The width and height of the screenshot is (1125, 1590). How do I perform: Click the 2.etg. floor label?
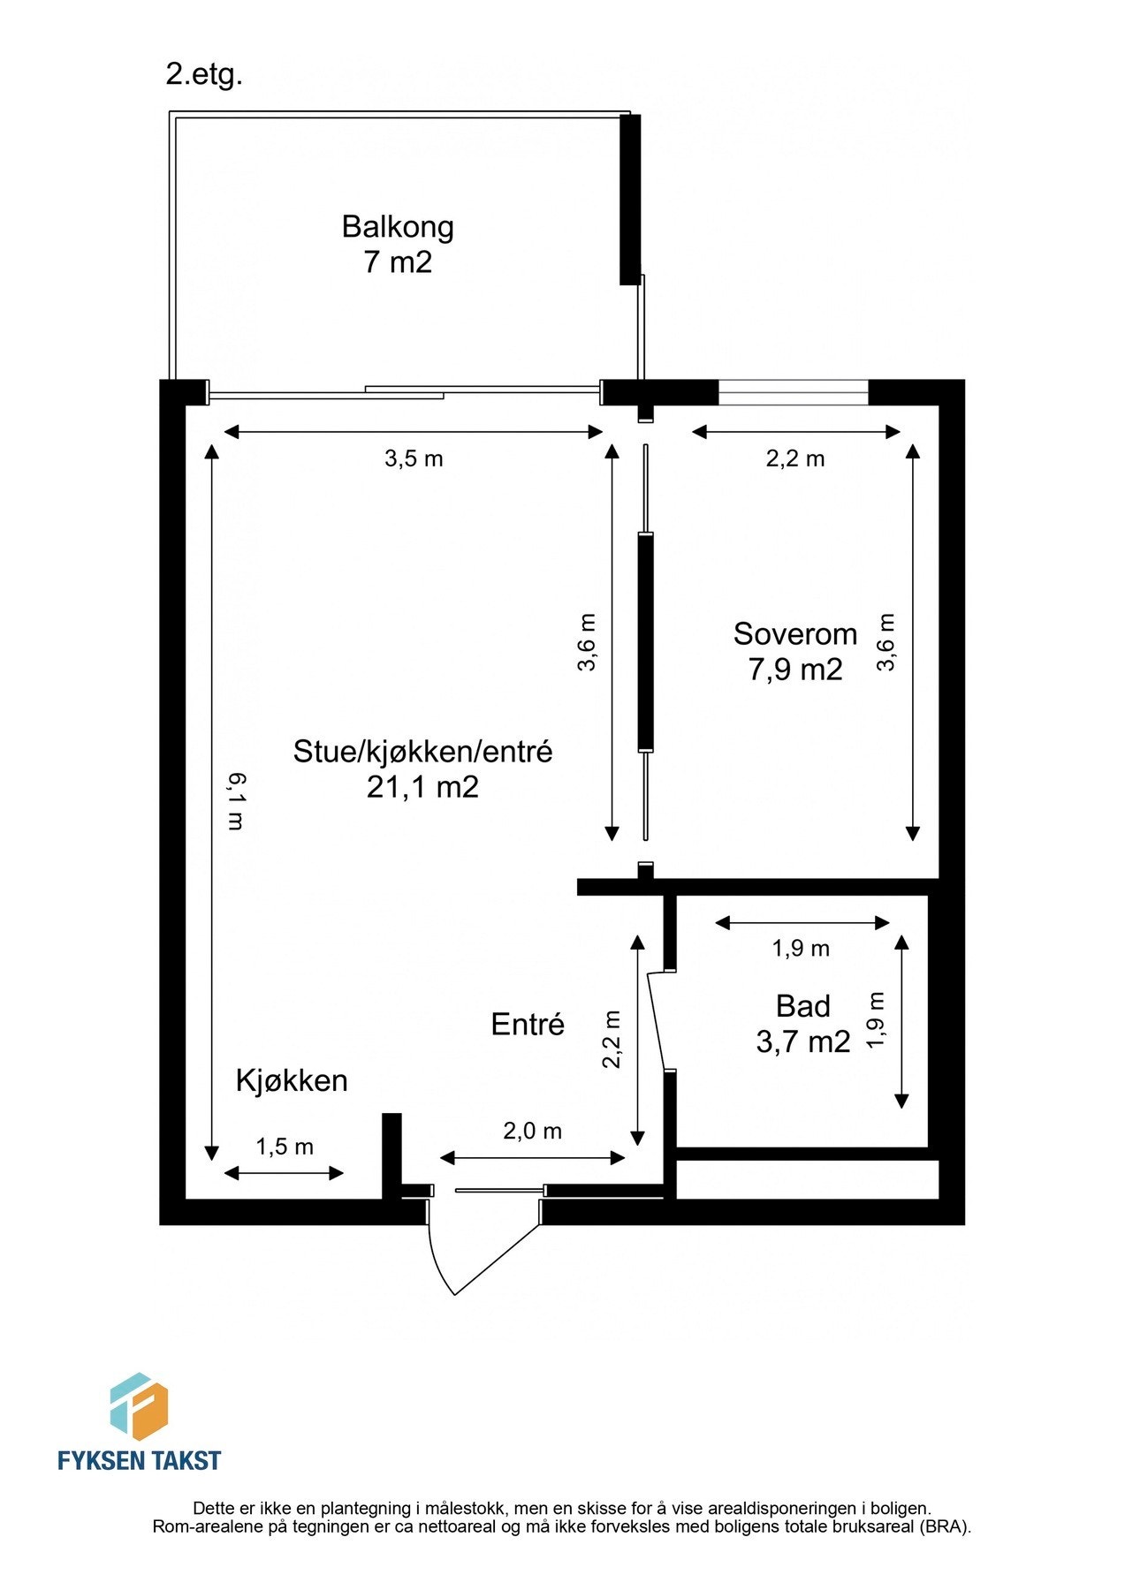203,74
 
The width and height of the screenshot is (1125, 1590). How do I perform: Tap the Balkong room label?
398,227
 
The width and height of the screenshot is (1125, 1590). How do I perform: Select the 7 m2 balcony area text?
398,262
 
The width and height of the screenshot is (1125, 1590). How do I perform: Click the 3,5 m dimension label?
414,458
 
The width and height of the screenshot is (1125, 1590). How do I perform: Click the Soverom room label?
795,633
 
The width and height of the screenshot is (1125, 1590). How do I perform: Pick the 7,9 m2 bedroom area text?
795,670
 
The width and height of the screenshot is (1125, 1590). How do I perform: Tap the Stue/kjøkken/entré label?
422,751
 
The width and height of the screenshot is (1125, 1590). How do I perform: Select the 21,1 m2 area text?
422,786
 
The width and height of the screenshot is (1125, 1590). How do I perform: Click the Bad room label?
803,1006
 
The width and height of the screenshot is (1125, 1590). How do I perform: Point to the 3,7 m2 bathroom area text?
803,1042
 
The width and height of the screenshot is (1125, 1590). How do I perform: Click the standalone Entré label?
528,1025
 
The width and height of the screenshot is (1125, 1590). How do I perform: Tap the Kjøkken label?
292,1080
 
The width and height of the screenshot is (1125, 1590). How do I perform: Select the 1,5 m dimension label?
285,1147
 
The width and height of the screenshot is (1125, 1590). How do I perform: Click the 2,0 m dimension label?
533,1131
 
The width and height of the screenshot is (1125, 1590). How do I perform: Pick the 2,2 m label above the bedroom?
795,458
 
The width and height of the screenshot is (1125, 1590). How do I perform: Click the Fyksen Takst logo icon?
139,1407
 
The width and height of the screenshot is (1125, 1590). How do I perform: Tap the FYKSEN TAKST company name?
139,1460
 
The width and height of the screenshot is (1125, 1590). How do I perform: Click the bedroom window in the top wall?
794,391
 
